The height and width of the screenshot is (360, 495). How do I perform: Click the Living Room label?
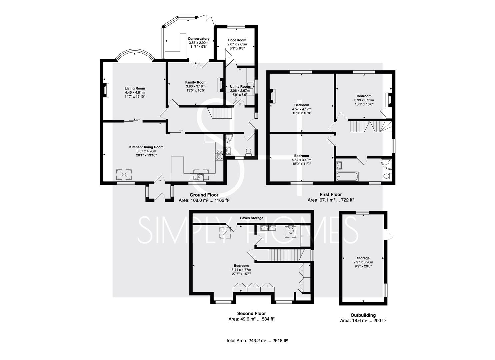click(135, 88)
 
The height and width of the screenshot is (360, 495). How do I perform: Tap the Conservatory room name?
click(199, 39)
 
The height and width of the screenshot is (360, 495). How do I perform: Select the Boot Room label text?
click(237, 40)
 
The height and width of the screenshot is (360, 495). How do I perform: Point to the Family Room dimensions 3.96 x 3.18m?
click(196, 86)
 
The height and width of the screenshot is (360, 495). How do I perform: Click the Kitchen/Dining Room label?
click(146, 147)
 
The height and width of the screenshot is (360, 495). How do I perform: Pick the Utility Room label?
click(240, 87)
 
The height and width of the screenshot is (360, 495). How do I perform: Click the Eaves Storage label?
click(252, 218)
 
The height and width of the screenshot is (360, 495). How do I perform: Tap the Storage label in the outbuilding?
click(363, 258)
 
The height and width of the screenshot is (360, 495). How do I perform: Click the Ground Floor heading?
click(204, 195)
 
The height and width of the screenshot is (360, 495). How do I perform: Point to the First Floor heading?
click(331, 194)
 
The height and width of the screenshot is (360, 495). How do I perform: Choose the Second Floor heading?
click(251, 313)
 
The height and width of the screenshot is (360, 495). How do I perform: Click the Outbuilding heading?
click(363, 315)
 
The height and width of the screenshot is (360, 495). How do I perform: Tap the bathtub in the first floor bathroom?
click(347, 176)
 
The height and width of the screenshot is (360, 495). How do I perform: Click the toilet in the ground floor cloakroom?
click(248, 152)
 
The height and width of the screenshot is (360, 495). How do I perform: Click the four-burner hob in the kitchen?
click(219, 155)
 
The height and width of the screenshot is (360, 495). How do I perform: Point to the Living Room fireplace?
click(107, 90)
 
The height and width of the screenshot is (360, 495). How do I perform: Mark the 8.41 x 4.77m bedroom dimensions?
click(241, 270)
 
